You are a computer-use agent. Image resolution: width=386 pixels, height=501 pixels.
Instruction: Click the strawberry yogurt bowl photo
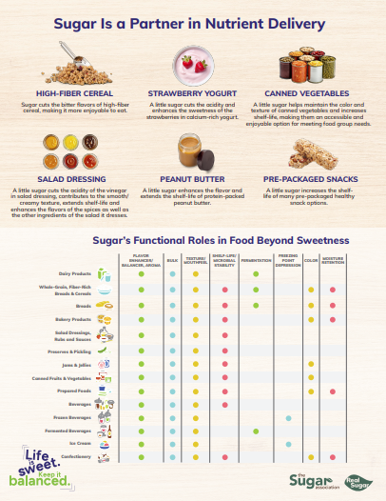point(193,66)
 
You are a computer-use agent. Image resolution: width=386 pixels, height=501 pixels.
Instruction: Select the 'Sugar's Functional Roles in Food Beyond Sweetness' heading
point(193,242)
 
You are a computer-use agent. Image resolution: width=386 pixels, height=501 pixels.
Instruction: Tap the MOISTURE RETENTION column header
point(333,260)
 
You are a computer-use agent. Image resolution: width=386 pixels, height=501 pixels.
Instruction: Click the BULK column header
point(172,260)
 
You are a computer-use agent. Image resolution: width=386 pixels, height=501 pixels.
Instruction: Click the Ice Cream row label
point(80,444)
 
